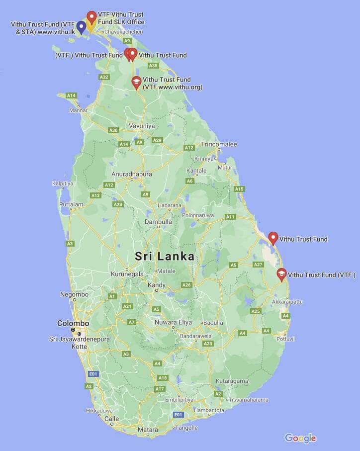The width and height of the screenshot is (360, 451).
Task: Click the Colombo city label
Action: [73, 323]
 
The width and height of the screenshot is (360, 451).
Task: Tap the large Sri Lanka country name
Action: [165, 257]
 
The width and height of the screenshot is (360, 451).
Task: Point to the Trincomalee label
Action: [219, 144]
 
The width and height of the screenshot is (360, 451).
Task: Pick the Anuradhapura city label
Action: [131, 174]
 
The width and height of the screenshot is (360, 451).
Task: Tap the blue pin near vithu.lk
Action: [81, 27]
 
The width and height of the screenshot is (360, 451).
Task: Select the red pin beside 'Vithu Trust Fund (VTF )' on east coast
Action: [281, 274]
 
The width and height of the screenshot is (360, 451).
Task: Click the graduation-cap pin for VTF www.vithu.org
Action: [136, 82]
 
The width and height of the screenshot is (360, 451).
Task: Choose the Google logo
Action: [300, 438]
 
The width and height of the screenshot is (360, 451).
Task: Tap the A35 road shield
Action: [153, 66]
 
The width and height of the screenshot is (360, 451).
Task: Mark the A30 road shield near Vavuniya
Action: [114, 130]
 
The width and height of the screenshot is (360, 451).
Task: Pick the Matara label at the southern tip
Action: [148, 429]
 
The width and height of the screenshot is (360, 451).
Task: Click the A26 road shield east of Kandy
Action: [186, 285]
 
